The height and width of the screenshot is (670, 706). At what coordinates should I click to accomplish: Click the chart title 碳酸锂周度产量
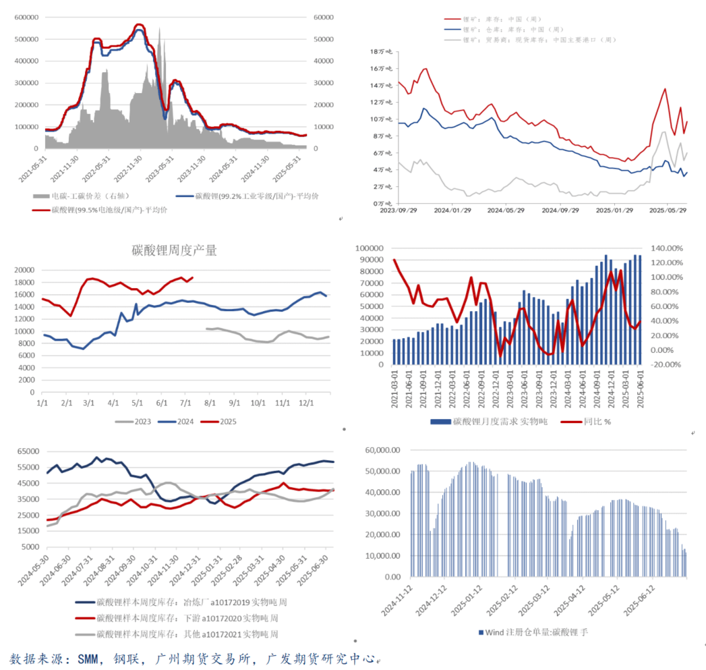coord(174,251)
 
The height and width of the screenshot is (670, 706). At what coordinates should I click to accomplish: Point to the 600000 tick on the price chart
coord(24,18)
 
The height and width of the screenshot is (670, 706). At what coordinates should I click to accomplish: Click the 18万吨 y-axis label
coord(381,51)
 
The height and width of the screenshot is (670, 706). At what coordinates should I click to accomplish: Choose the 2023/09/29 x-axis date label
coord(399,210)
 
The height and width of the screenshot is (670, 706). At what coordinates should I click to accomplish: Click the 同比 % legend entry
coord(593,422)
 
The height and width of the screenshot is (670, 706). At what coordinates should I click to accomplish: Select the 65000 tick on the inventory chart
coord(23,451)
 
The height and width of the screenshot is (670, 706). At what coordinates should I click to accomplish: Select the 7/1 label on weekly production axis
coord(185,403)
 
